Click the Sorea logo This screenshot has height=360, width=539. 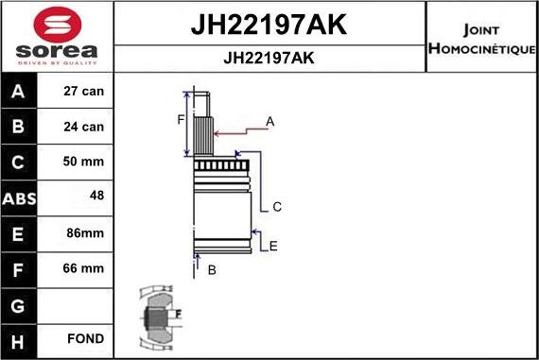tap(58, 37)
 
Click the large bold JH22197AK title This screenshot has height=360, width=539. tap(269, 25)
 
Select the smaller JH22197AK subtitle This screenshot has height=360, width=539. tap(269, 58)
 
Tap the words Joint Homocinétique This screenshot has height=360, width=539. tap(482, 38)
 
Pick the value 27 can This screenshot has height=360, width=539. tap(82, 92)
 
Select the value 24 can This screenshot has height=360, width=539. tap(82, 127)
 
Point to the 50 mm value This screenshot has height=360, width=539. tap(82, 162)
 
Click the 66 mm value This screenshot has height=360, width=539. tap(82, 268)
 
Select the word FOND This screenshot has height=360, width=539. tap(85, 338)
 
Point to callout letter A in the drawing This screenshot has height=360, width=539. tap(269, 121)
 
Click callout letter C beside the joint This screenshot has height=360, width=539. tap(277, 207)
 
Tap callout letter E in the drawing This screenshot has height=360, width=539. tap(273, 246)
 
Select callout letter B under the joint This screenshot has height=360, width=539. tap(212, 270)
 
